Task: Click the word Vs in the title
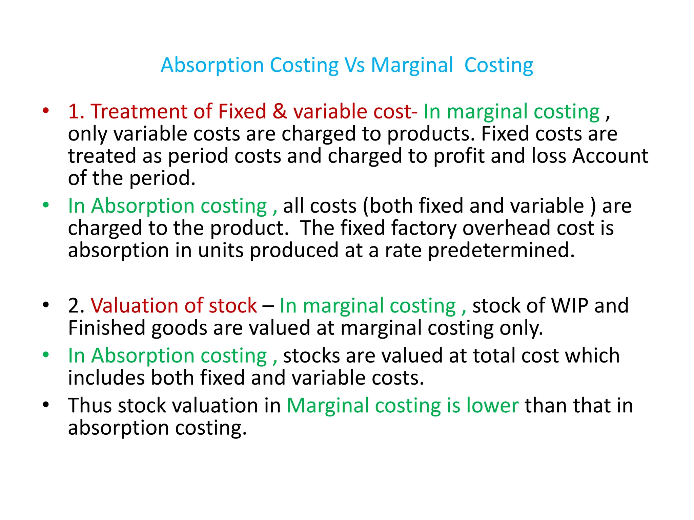(x=355, y=65)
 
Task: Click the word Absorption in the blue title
(x=212, y=65)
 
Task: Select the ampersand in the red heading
(x=280, y=111)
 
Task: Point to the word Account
(x=610, y=156)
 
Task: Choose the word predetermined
(x=502, y=251)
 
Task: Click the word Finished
(x=107, y=328)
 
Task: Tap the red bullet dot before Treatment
(x=46, y=111)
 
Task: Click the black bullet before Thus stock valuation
(x=46, y=404)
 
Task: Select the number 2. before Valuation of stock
(x=76, y=306)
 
